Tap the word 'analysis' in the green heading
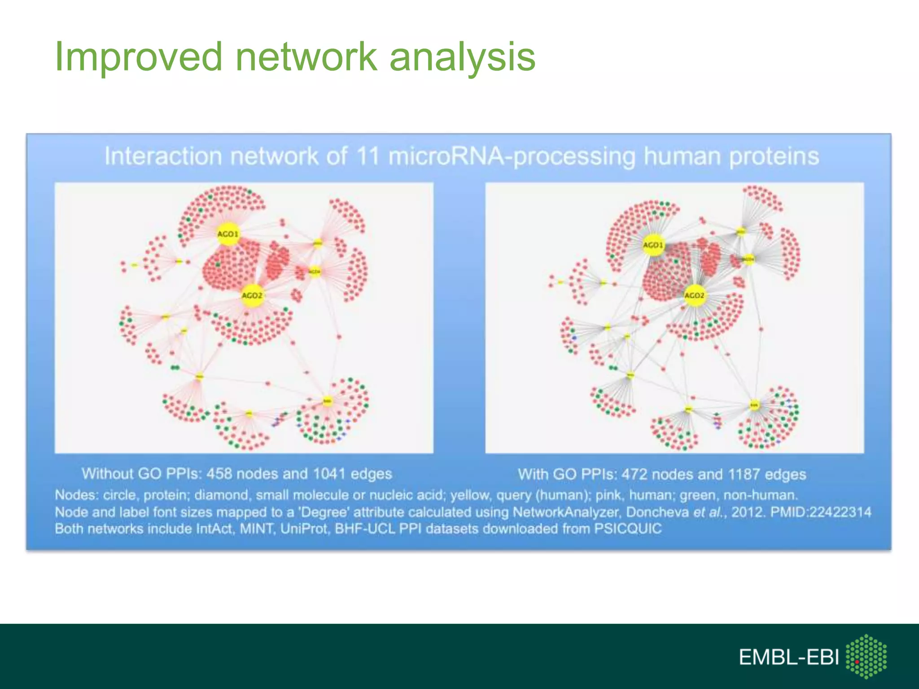[x=462, y=57]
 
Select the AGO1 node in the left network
[x=228, y=234]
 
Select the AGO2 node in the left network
[x=252, y=296]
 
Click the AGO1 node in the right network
[x=653, y=245]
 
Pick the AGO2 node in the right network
[x=694, y=296]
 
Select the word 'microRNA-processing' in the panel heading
[x=512, y=157]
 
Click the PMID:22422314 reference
[x=821, y=512]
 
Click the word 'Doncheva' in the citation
[x=657, y=512]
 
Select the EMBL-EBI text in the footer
[x=788, y=658]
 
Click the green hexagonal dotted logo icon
[x=866, y=656]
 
